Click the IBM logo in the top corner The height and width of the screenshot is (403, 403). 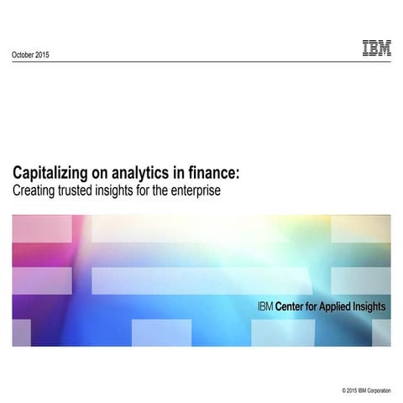point(376,49)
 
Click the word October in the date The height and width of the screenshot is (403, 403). point(26,55)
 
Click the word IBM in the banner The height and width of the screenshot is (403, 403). point(265,307)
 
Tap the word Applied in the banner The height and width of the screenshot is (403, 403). point(341,307)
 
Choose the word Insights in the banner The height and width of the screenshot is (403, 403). point(371,307)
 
